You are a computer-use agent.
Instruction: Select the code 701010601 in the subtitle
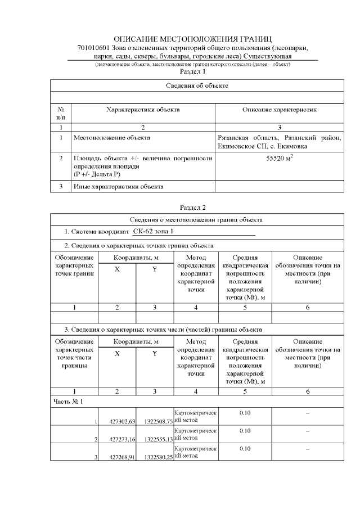click(94, 48)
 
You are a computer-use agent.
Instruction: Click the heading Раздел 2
click(192, 208)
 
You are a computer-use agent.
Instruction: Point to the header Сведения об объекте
click(197, 85)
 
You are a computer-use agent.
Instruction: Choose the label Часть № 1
click(68, 402)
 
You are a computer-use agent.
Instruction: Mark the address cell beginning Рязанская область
click(280, 141)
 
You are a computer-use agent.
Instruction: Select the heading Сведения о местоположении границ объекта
click(197, 219)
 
